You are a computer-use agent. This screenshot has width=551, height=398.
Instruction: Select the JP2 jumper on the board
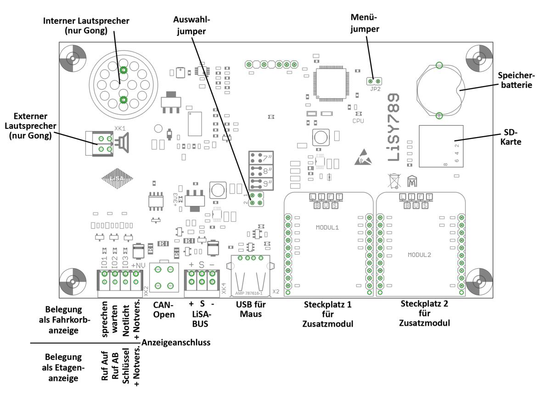click(x=373, y=82)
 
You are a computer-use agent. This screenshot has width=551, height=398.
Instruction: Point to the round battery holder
click(x=439, y=90)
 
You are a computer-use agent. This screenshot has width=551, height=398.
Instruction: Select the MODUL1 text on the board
click(x=327, y=228)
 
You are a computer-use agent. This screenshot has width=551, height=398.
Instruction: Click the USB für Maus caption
click(x=251, y=309)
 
